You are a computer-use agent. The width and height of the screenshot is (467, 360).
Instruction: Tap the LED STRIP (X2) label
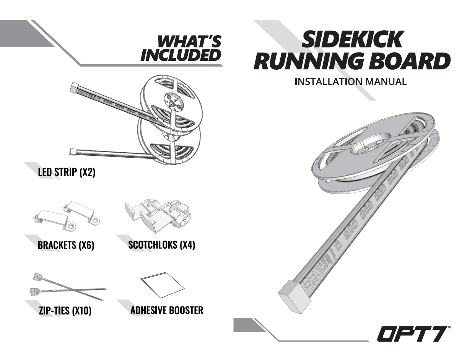[x=66, y=173]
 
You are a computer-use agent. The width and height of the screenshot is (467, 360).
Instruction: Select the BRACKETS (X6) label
[x=66, y=246]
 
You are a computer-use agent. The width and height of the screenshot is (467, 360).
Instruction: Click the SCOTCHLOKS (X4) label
[x=162, y=245]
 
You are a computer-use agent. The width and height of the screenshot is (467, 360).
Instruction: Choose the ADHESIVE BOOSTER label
[x=167, y=310]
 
